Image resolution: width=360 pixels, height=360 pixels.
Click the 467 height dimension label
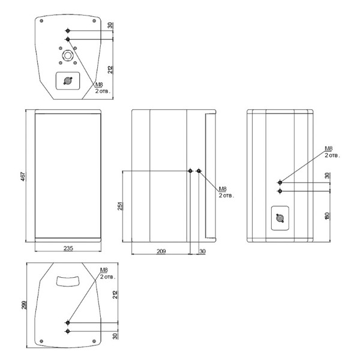click(23, 176)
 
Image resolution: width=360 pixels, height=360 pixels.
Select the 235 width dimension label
click(68, 248)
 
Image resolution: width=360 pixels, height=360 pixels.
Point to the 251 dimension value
click(120, 206)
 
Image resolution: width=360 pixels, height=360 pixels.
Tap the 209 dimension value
click(161, 251)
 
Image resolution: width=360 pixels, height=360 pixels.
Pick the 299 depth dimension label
click(24, 305)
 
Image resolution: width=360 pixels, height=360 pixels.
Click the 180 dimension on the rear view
click(327, 216)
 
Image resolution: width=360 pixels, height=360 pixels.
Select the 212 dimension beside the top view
click(110, 70)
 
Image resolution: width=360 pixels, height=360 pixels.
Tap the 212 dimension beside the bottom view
click(115, 295)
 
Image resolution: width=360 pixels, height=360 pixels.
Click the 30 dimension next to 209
click(202, 251)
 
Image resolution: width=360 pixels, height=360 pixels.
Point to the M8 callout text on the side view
click(223, 189)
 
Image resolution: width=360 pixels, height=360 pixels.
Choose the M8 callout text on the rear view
click(329, 148)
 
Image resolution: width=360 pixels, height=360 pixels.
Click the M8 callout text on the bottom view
click(104, 270)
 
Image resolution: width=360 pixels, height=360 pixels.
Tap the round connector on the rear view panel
click(280, 218)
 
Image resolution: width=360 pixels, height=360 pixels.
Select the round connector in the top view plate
click(68, 80)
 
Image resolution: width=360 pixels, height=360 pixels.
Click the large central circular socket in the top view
click(68, 55)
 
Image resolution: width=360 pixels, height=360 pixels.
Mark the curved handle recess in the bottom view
click(68, 281)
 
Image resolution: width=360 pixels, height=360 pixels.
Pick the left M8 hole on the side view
click(190, 171)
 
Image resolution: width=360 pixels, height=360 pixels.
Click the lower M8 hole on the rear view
click(280, 191)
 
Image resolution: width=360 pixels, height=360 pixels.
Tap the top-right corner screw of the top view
click(94, 21)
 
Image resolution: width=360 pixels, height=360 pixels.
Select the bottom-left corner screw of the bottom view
click(41, 341)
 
